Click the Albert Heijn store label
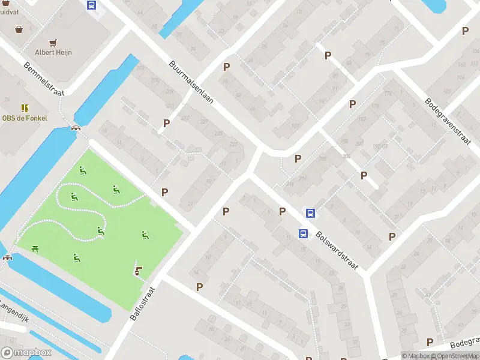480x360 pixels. point(53,52)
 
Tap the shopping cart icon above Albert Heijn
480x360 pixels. point(53,42)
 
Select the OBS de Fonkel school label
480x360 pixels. point(24,118)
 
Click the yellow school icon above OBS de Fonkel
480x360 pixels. point(25,108)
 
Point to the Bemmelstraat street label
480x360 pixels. point(44,78)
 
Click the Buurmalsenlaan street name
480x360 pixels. point(191,83)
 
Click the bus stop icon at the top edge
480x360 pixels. point(91,5)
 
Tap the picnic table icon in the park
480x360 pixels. point(35,248)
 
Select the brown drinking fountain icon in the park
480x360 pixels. point(139,271)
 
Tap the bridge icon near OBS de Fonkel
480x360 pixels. point(76,128)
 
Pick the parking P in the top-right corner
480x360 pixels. point(465,31)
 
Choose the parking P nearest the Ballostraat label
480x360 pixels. point(199,287)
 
